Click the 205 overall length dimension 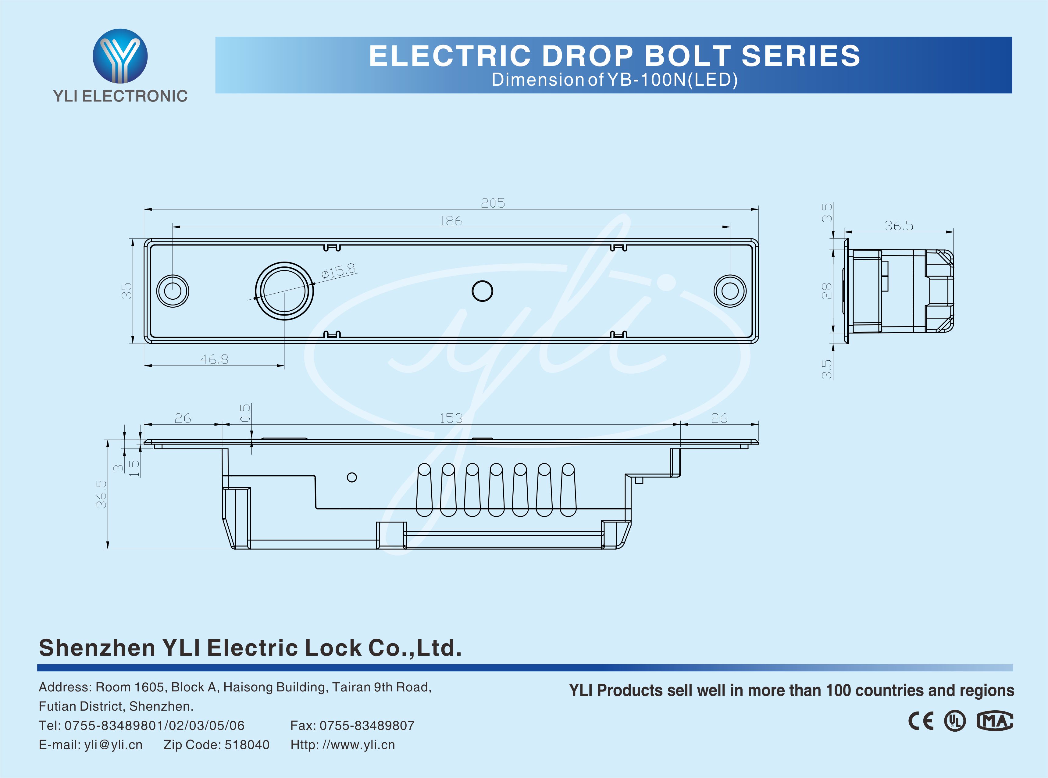[493, 203]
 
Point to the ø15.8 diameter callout [338, 271]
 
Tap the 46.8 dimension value [214, 359]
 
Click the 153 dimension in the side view [451, 418]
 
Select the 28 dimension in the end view [827, 291]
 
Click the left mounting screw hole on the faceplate [173, 291]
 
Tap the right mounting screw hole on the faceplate [730, 291]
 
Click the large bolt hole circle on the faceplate [284, 291]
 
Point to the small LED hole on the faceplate [482, 291]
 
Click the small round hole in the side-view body [352, 477]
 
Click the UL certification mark [955, 721]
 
